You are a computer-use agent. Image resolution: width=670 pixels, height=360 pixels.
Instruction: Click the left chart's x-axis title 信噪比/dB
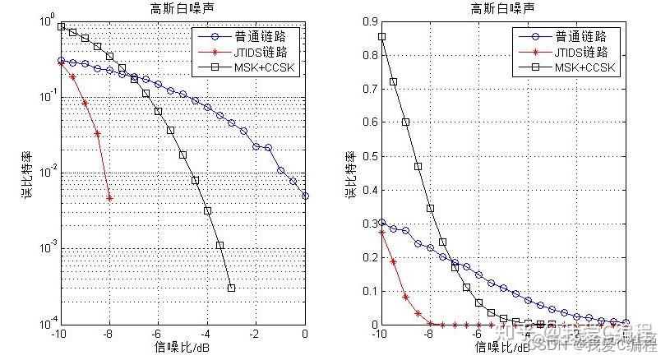pyautogui.click(x=182, y=348)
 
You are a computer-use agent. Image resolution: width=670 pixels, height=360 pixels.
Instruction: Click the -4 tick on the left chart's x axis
pyautogui.click(x=206, y=335)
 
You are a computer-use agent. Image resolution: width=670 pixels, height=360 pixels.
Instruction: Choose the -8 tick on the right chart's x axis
pyautogui.click(x=429, y=335)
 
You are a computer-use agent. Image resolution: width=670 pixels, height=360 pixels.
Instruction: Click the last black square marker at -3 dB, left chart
pyautogui.click(x=231, y=288)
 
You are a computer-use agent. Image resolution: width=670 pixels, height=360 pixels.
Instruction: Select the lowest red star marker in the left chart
pyautogui.click(x=109, y=197)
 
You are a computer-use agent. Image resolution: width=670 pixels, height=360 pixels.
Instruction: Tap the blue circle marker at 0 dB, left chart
pyautogui.click(x=305, y=196)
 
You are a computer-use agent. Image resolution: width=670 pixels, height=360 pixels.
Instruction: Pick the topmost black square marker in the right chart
pyautogui.click(x=381, y=37)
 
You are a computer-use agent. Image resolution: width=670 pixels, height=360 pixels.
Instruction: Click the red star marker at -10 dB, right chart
pyautogui.click(x=381, y=233)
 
